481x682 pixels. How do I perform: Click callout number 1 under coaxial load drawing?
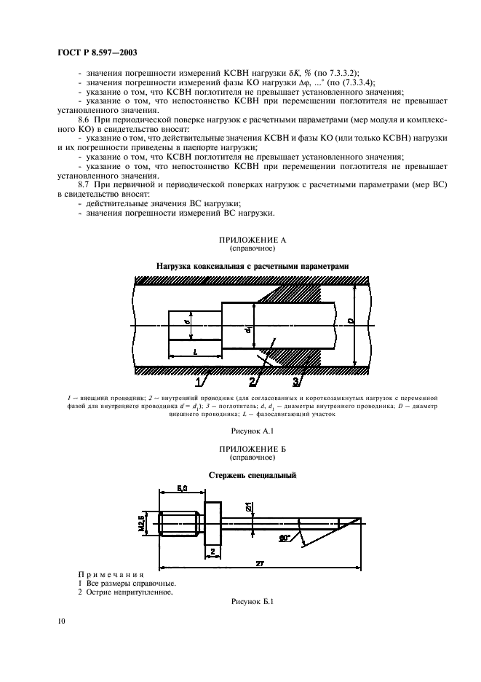point(198,381)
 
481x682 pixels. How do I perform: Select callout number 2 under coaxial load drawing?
point(253,381)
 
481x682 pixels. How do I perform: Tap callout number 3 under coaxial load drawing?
point(296,381)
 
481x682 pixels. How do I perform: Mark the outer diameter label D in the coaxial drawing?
point(351,321)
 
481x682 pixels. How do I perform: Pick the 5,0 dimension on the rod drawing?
point(182,488)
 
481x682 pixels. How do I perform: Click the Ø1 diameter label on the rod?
point(248,506)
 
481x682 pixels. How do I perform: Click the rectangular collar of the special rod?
point(213,523)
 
